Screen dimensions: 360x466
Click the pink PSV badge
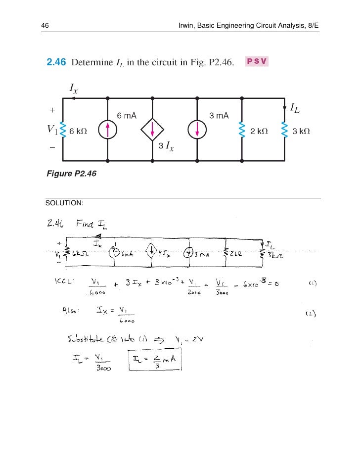(257, 62)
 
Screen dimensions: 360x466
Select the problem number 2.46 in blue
(56, 63)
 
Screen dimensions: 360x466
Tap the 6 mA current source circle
(107, 130)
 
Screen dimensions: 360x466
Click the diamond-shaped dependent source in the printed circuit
(152, 130)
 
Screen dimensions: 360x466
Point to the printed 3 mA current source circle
(197, 130)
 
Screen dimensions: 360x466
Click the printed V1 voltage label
(52, 130)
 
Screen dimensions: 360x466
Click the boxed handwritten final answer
(155, 361)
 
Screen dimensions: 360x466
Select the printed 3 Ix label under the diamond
(166, 146)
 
